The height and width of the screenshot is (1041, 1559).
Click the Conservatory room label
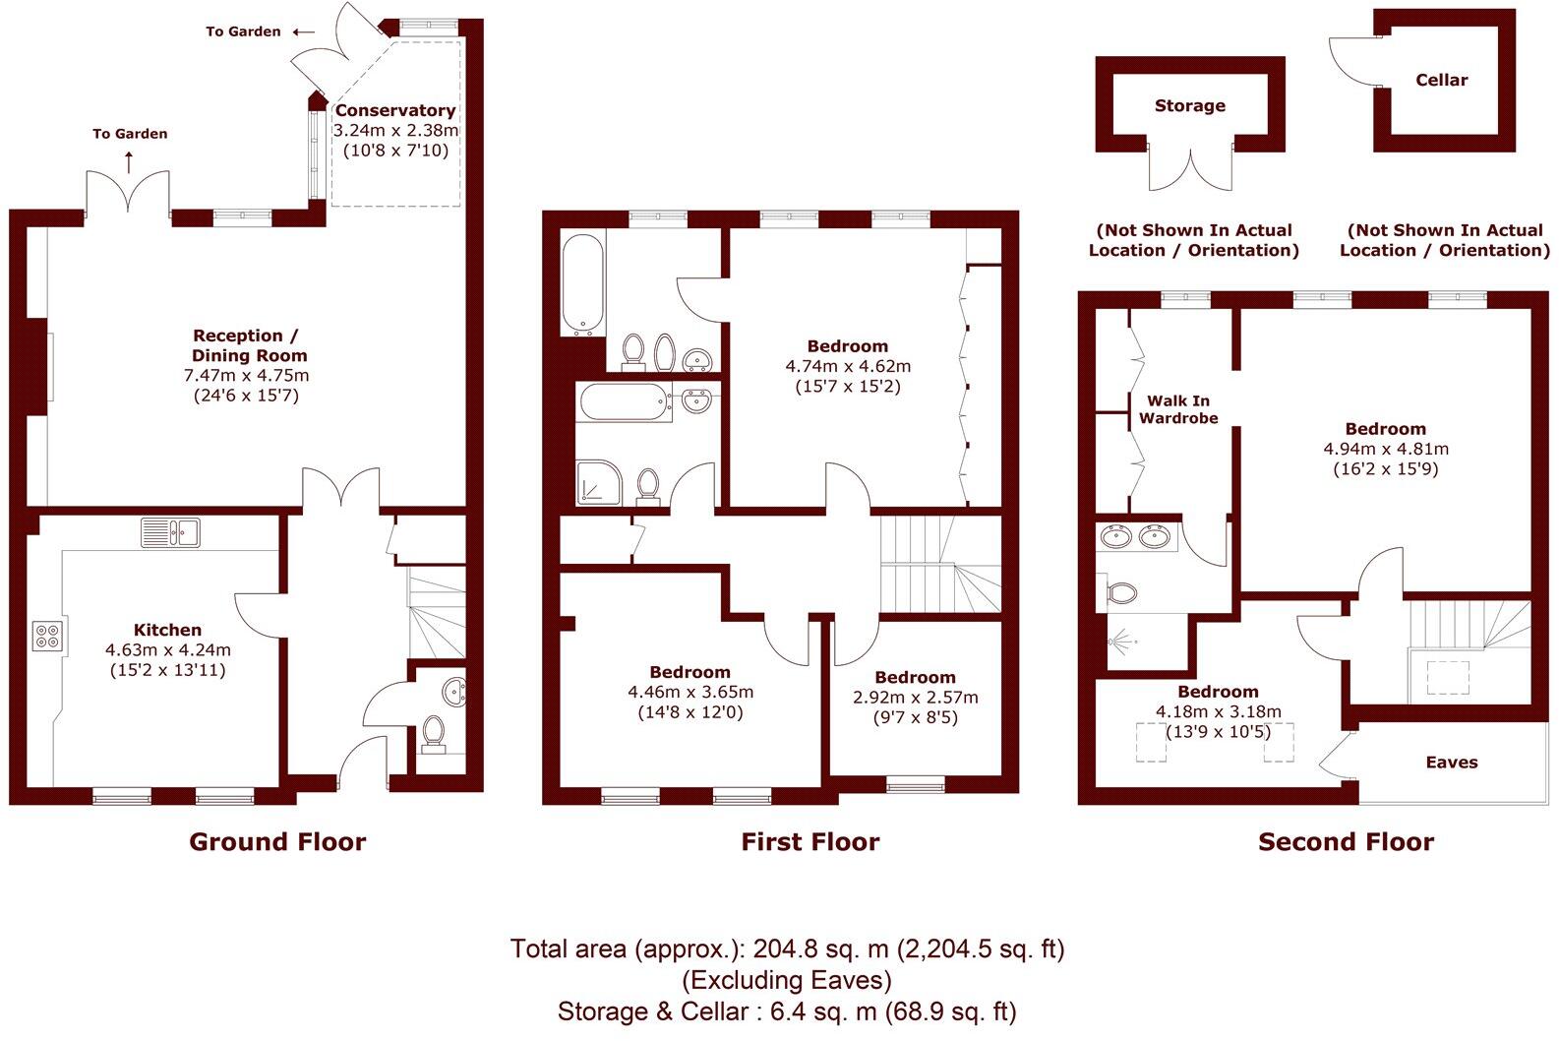click(395, 110)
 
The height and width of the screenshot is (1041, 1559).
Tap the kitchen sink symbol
click(171, 532)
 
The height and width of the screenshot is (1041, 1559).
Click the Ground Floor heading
click(277, 842)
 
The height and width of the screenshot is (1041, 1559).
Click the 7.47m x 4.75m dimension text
click(246, 376)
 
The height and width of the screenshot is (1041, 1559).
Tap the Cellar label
click(1441, 81)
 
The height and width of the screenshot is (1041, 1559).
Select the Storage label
click(1189, 106)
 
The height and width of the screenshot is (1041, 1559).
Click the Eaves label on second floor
click(1451, 763)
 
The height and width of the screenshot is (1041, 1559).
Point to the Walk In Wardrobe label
click(1178, 409)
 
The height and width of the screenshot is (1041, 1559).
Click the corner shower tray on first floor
click(598, 482)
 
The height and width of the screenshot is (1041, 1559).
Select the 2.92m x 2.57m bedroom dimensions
click(915, 698)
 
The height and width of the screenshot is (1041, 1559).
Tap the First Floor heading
click(809, 842)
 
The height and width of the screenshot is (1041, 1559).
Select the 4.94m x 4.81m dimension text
click(1386, 449)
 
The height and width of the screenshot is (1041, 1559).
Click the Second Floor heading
click(1346, 842)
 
